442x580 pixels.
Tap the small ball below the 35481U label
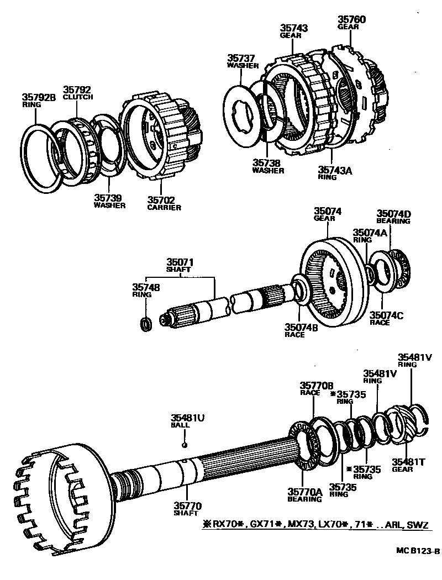pyautogui.click(x=185, y=444)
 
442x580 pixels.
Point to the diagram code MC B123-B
pyautogui.click(x=417, y=551)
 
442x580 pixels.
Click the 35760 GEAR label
pyautogui.click(x=351, y=22)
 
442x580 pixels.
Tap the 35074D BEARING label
pyautogui.click(x=393, y=217)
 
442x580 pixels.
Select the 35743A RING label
pyautogui.click(x=335, y=173)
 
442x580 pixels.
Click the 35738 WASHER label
pyautogui.click(x=269, y=167)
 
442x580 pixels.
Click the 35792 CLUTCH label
pyautogui.click(x=77, y=92)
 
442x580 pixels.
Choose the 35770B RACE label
pyautogui.click(x=317, y=388)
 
